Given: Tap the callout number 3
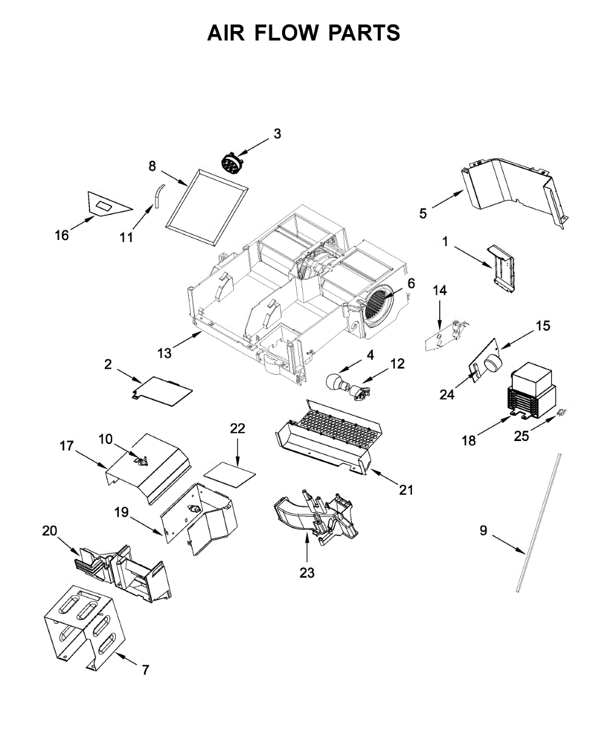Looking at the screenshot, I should tap(277, 133).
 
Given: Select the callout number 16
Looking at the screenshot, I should tap(62, 235).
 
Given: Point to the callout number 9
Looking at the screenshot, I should tap(483, 531).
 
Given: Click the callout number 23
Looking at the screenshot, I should tap(307, 573).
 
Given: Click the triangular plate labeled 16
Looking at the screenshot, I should tap(107, 203).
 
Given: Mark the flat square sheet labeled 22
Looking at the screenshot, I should tap(229, 470).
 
